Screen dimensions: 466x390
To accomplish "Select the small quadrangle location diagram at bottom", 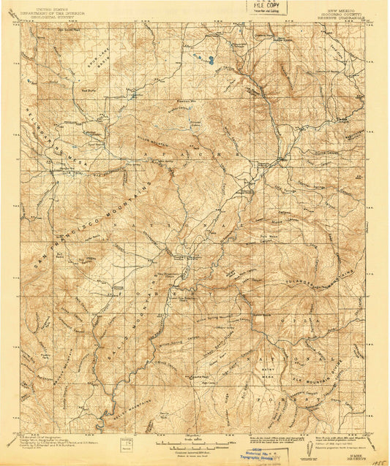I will tap(132, 445).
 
